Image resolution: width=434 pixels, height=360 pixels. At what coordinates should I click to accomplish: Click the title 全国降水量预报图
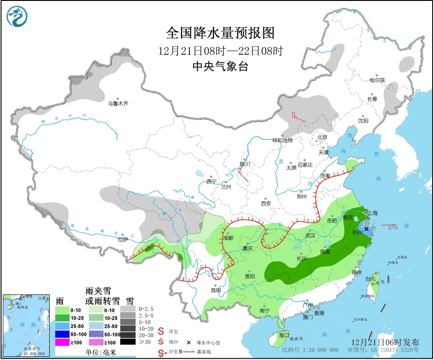[220, 34]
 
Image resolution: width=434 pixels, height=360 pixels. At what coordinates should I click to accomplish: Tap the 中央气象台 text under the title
[220, 66]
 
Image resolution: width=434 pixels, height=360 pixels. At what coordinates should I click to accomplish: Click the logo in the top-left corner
[17, 17]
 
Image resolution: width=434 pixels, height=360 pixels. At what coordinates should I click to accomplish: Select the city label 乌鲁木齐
[118, 104]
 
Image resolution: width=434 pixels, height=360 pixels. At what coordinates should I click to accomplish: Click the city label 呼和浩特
[282, 140]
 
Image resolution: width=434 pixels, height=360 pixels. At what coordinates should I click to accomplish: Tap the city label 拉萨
[122, 240]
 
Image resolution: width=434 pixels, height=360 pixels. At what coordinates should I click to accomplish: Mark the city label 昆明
[216, 290]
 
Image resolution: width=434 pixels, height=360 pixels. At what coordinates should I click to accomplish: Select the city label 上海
[372, 213]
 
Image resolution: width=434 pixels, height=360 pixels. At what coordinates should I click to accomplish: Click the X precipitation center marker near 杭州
[366, 229]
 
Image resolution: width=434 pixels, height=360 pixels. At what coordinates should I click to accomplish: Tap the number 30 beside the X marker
[366, 223]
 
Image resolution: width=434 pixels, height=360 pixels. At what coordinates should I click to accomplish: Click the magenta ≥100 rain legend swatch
[62, 342]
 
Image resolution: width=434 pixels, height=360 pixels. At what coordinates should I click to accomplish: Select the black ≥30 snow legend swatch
[127, 342]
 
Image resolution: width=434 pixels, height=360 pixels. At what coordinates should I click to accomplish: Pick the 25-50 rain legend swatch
[62, 326]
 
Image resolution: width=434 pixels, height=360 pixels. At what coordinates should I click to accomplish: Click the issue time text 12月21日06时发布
[385, 342]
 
